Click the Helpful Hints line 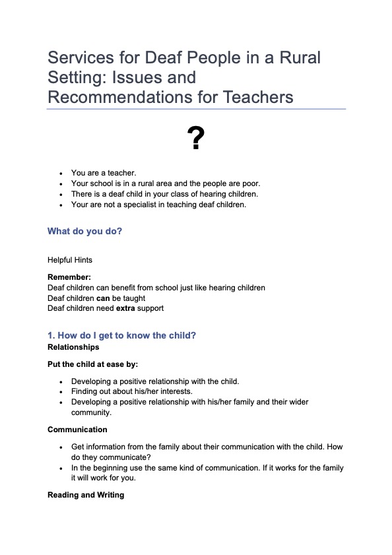[70, 260]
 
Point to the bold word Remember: [69, 278]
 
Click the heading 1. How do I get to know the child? [121, 335]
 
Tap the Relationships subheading [73, 346]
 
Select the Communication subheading [77, 430]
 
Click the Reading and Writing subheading [86, 495]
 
